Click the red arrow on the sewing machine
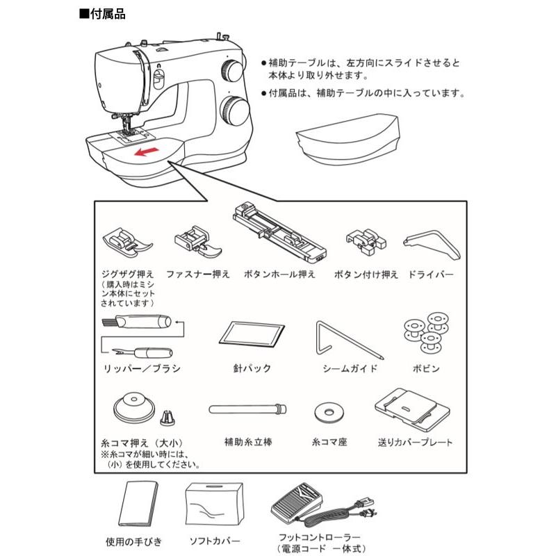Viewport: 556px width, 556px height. pos(145,152)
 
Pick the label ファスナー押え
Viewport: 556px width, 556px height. pos(198,274)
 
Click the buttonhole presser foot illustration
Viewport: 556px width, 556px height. pos(278,232)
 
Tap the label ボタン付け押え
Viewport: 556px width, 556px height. pos(366,274)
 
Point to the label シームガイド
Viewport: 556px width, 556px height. pos(350,368)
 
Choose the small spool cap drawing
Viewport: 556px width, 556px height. pos(167,417)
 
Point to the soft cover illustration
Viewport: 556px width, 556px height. pos(214,505)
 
